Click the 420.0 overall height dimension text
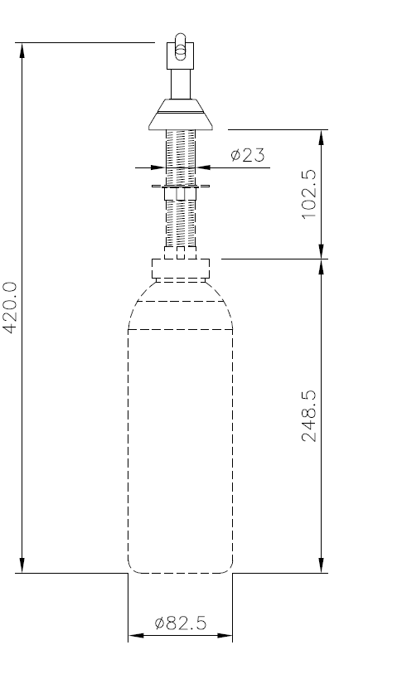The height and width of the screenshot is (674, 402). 11,307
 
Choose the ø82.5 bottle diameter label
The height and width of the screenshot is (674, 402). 180,623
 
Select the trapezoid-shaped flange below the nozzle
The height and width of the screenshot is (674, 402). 180,115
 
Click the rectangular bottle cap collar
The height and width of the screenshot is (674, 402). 180,269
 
